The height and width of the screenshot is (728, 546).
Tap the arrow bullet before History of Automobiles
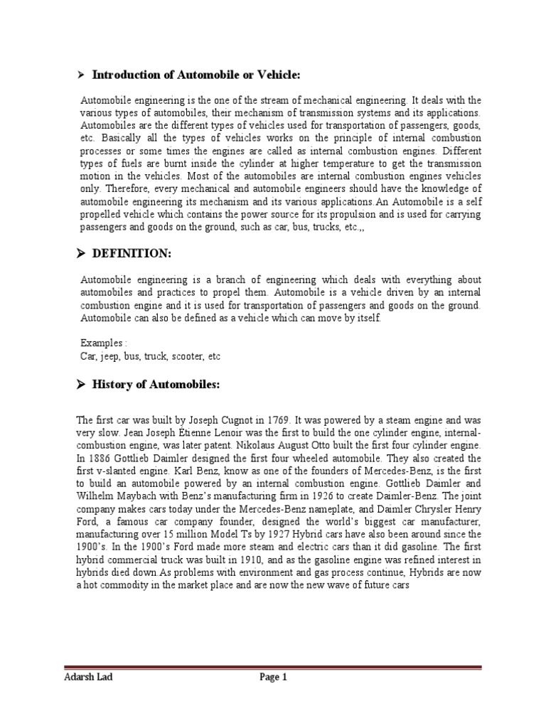click(x=81, y=385)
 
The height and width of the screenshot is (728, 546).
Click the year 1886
click(x=103, y=459)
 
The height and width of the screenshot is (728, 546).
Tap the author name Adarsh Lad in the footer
click(x=85, y=677)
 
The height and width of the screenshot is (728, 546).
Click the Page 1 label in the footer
click(x=272, y=677)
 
